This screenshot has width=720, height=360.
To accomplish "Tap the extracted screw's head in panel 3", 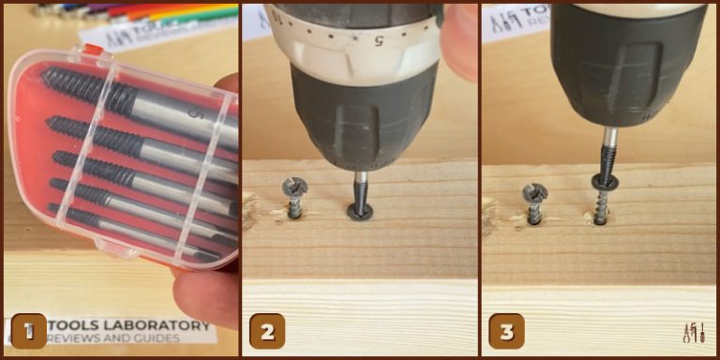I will click(x=602, y=180).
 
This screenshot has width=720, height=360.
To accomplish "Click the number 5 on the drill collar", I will click(x=380, y=42).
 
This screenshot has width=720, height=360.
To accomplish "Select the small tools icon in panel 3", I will click(x=694, y=333).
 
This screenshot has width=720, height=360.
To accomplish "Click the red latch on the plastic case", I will click(x=93, y=49).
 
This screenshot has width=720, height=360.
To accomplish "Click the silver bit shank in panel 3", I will click(x=609, y=142).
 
